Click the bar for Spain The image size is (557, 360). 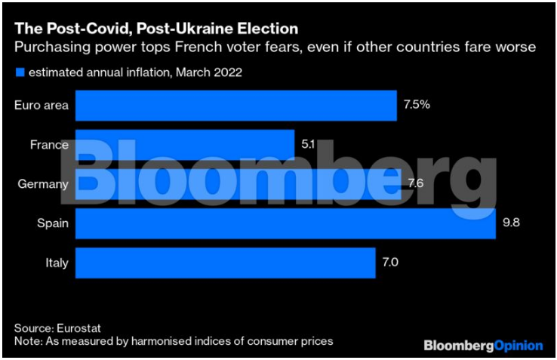285,223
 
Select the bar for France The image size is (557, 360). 184,145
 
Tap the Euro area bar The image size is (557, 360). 235,106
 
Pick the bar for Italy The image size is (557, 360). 225,263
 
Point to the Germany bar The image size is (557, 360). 238,184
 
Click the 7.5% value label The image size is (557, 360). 417,105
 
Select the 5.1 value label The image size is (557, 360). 308,144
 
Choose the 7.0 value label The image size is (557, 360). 391,263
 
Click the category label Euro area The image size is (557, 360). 42,106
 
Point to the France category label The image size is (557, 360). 50,145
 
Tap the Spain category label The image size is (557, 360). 53,223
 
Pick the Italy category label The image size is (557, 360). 57,263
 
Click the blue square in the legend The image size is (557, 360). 18,72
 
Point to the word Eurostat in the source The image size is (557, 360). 78,328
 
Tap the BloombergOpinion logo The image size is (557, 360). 483,346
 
